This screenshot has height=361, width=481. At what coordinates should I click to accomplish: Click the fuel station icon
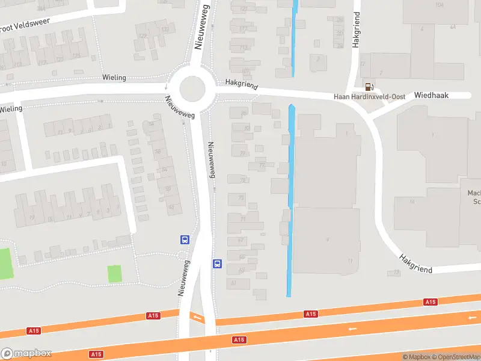368,87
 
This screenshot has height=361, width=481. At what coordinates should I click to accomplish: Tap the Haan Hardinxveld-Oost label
370,97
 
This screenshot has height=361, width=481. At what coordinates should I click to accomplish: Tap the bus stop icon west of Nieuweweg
185,239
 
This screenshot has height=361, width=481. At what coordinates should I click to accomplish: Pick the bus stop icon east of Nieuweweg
217,264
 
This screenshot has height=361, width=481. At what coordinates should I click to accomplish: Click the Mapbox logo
26,353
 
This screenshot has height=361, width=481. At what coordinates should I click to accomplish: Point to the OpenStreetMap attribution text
456,357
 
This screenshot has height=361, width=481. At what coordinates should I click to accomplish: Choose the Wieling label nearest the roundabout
114,78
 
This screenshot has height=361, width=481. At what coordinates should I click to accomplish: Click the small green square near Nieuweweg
115,273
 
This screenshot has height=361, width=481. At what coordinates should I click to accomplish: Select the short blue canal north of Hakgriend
294,36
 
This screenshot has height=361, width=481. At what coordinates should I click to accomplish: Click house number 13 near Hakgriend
396,273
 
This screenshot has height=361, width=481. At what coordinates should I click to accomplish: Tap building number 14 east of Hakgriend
412,201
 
